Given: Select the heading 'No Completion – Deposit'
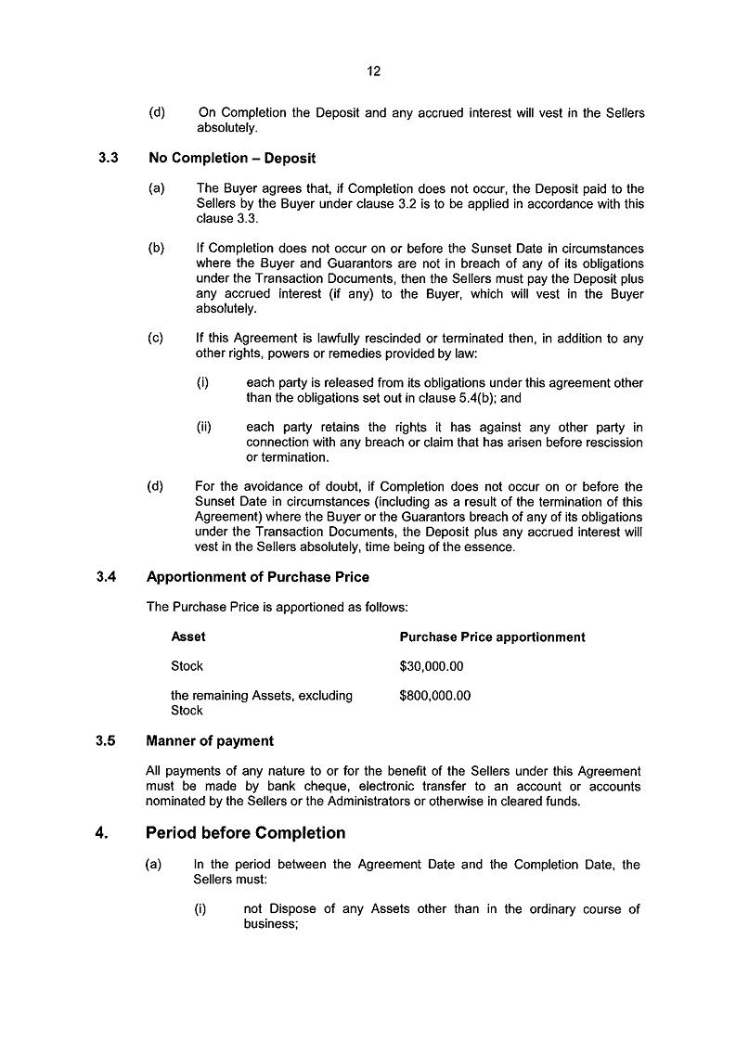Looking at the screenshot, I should pos(232,159).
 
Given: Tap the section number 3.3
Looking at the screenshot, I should pos(107,159).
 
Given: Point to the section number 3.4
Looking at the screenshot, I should pos(106,577).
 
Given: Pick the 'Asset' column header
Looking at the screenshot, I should pos(188,637).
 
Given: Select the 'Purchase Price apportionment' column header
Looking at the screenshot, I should pos(492,637).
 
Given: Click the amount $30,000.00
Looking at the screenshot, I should pos(431,666).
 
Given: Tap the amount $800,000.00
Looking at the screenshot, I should pos(434,696).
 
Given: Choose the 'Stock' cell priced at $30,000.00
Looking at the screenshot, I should pos(187,666).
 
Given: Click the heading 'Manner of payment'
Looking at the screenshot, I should pos(210,741).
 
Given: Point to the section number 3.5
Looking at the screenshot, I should pos(106,741).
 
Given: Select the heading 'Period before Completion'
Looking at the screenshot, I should pos(246,832).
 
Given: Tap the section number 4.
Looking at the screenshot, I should pos(101,832).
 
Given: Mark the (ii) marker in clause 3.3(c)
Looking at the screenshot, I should pos(204,428).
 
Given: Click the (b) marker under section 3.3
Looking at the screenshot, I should pos(156,249).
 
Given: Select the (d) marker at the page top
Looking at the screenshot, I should pos(157,113).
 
